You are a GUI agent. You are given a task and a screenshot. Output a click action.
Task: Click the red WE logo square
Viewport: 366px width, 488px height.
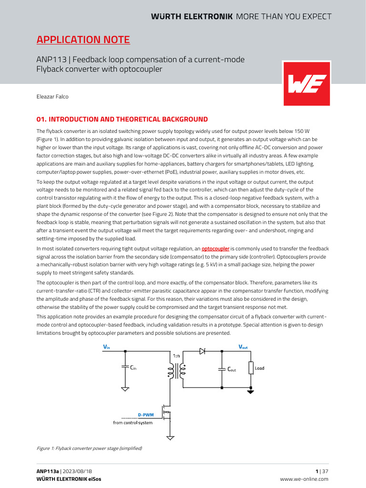[x=306, y=83]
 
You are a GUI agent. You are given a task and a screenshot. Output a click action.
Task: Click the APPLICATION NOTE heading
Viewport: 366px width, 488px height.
[x=83, y=40]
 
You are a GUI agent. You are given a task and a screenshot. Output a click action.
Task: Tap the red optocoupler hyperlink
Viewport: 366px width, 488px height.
[x=215, y=249]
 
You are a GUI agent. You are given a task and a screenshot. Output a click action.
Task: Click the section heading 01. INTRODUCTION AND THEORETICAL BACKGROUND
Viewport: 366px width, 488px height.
[x=122, y=119]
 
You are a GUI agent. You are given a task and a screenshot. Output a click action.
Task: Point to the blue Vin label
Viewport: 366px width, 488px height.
[x=106, y=347]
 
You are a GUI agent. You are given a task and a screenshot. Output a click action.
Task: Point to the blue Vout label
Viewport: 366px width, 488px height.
[x=243, y=347]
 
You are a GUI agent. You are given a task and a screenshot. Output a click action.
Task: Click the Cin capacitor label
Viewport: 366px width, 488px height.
[x=133, y=367]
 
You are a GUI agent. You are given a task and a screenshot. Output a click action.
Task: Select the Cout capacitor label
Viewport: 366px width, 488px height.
[x=231, y=369]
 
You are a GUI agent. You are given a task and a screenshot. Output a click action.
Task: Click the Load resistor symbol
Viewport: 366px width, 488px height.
[x=251, y=368]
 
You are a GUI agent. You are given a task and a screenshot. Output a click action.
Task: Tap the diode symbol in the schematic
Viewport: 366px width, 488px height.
[x=202, y=351]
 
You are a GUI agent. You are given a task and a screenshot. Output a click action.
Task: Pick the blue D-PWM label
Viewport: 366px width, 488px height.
[x=146, y=415]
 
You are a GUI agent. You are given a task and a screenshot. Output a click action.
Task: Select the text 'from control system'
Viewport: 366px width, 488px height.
[x=132, y=422]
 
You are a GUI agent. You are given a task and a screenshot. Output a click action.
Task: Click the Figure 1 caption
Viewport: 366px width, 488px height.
[x=89, y=448]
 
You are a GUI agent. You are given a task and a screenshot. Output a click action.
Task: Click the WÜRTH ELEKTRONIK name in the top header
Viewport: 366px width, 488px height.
[x=192, y=17]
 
